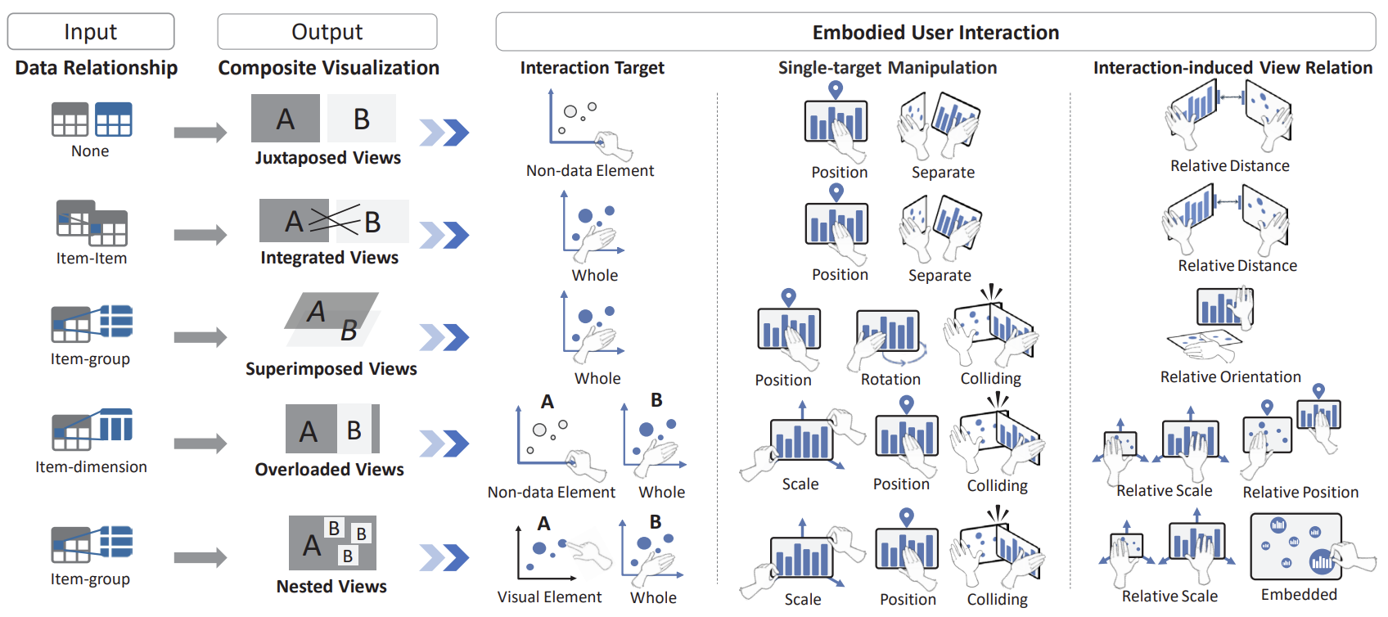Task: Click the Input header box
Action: point(91,32)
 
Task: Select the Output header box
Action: point(327,32)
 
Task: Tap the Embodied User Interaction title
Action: point(935,33)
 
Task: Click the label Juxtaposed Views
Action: point(327,158)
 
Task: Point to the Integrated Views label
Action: point(329,258)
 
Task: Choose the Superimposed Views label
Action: point(331,369)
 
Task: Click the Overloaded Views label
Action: point(329,470)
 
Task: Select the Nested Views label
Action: point(331,587)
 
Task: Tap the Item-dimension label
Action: point(91,467)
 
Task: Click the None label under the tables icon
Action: point(90,151)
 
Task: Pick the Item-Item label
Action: point(91,259)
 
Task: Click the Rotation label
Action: point(890,380)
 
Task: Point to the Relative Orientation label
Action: point(1230,377)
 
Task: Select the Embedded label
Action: point(1299,595)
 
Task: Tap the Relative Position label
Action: point(1300,493)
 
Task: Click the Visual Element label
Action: point(549,597)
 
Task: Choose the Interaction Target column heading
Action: point(592,68)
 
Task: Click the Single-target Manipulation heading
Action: point(887,68)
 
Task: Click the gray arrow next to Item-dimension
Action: point(200,444)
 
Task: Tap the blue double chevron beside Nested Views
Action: point(444,558)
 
